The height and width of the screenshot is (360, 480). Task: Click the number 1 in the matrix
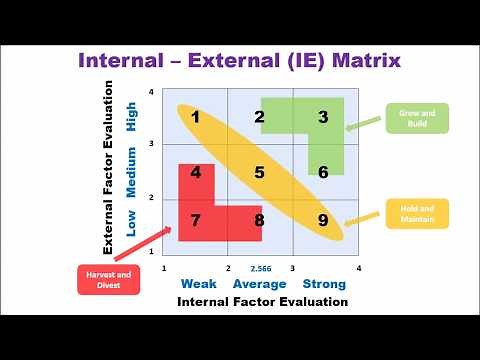point(196,117)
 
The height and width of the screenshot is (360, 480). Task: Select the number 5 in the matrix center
point(259,172)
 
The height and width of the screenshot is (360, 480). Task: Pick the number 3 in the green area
point(323,117)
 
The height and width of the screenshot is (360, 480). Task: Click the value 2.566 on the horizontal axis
point(261,269)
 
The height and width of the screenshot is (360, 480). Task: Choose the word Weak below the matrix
point(198,284)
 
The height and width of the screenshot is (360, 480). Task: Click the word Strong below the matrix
point(324,284)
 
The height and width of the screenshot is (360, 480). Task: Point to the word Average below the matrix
point(260,284)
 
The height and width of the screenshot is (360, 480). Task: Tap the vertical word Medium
point(132,170)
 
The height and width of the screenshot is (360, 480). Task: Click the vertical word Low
point(132,222)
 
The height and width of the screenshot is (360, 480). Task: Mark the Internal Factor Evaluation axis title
point(262,301)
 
